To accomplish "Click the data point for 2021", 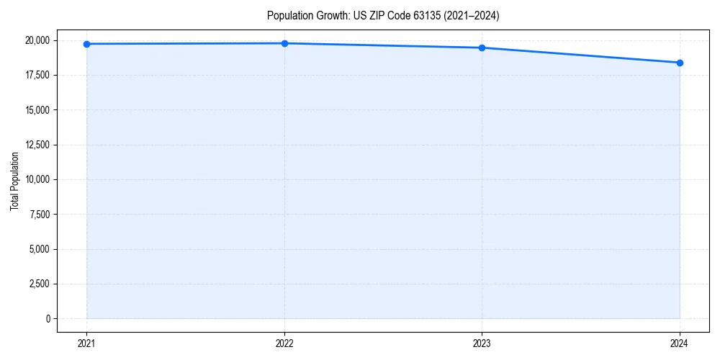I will click(86, 44).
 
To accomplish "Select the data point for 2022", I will click(284, 43).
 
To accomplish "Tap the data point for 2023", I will click(482, 48).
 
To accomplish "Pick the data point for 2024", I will click(680, 63).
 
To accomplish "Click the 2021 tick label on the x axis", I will click(86, 343).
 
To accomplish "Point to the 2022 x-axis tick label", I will click(284, 343).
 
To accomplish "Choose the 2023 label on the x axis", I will click(482, 343).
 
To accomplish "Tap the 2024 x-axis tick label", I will click(680, 343).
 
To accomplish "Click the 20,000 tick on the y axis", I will click(37, 40).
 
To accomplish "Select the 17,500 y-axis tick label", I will click(37, 75).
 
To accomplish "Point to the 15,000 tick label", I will click(37, 110).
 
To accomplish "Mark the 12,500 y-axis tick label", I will click(37, 145).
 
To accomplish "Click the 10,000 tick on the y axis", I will click(37, 179).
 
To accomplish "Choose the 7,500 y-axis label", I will click(40, 215).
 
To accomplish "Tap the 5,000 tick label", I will click(40, 249).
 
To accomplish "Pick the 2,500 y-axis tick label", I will click(40, 284).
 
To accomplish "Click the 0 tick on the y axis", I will click(48, 319).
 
